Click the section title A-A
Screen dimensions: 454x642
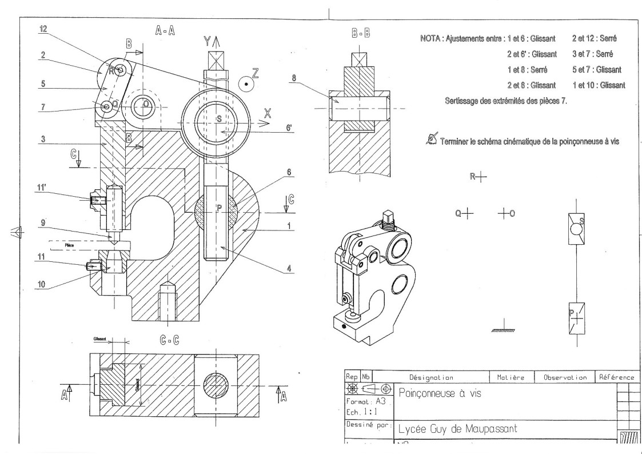click(x=166, y=33)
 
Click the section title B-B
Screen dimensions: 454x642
click(x=358, y=33)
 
